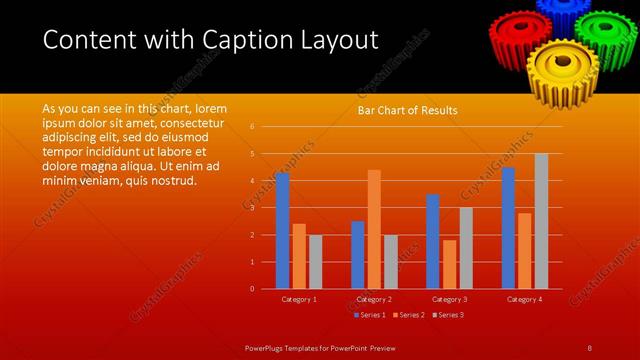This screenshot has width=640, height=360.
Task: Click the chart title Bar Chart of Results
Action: pos(408,110)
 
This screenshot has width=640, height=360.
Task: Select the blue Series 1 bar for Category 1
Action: pos(282,230)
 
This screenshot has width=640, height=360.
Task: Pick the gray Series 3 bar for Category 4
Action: pos(541,221)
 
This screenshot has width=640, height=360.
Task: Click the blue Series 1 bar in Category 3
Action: pos(433,241)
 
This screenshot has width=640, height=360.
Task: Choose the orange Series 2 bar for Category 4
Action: pos(525,250)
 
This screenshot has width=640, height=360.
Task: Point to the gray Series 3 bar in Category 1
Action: pos(315,261)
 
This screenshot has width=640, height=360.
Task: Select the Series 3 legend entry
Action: pos(448,315)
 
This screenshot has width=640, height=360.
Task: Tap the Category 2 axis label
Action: pos(373,299)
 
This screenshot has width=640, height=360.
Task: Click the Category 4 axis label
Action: pos(525,299)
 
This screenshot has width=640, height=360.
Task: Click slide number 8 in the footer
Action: pos(590,347)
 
